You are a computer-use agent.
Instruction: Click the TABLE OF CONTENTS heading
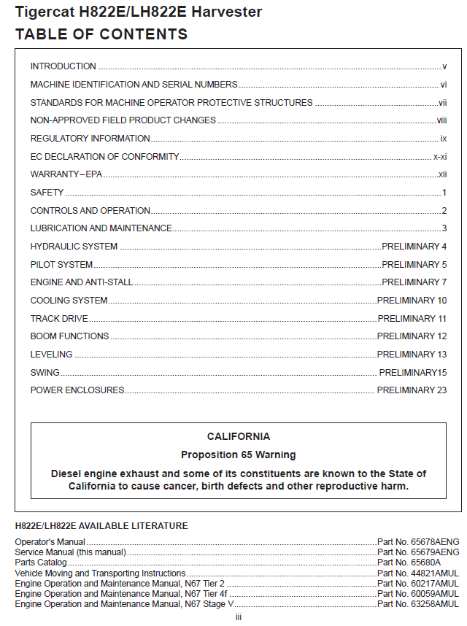pyautogui.click(x=101, y=34)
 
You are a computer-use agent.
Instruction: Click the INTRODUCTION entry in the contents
pyautogui.click(x=63, y=66)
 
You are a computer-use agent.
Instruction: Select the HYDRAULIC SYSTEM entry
pyautogui.click(x=74, y=247)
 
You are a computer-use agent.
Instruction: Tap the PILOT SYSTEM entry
pyautogui.click(x=61, y=265)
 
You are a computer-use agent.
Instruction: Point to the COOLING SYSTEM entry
pyautogui.click(x=69, y=301)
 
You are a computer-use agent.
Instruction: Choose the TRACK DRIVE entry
pyautogui.click(x=59, y=319)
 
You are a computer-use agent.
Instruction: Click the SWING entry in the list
pyautogui.click(x=45, y=373)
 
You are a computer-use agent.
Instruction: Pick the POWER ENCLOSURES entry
pyautogui.click(x=77, y=390)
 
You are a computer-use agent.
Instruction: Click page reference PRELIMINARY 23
pyautogui.click(x=412, y=390)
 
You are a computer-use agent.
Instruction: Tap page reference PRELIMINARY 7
pyautogui.click(x=414, y=282)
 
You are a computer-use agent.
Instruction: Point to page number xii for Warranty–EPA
pyautogui.click(x=442, y=175)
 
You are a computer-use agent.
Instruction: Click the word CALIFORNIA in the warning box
pyautogui.click(x=239, y=437)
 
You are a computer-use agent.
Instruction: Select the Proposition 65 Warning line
pyautogui.click(x=239, y=455)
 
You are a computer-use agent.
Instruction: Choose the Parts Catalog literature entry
pyautogui.click(x=41, y=563)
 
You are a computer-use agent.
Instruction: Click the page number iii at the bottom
pyautogui.click(x=239, y=618)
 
